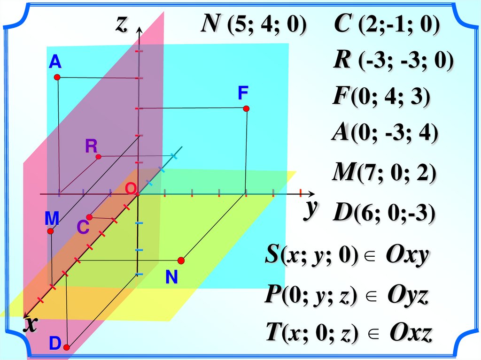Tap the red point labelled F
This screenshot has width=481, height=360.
click(x=246, y=108)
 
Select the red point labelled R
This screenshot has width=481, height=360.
click(x=98, y=156)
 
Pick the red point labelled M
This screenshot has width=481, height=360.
click(x=51, y=231)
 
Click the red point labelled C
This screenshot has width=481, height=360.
click(x=90, y=217)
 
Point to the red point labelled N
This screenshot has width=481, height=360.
click(x=181, y=260)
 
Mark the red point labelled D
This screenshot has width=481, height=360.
click(x=67, y=347)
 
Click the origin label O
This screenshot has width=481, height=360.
click(x=130, y=189)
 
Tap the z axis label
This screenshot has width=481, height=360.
click(x=122, y=24)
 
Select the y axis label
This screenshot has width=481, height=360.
click(x=309, y=209)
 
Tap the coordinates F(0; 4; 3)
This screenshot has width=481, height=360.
click(x=381, y=98)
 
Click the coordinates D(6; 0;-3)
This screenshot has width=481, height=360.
click(x=384, y=214)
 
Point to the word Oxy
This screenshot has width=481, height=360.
click(x=407, y=256)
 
